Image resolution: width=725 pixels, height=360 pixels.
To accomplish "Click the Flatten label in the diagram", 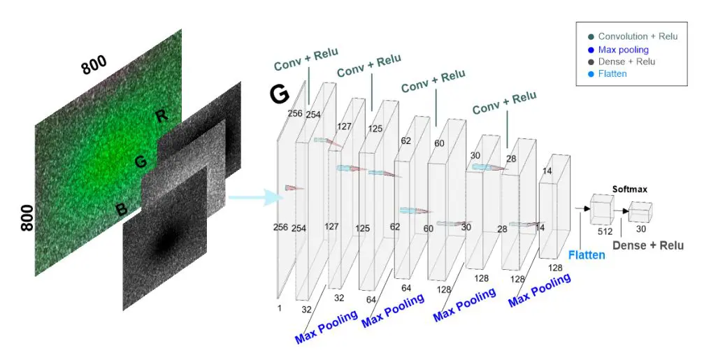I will coord(587,255).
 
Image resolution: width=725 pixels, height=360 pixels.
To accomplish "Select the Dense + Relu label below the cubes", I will coord(648,245).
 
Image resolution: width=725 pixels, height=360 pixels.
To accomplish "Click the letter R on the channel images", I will coord(162,116).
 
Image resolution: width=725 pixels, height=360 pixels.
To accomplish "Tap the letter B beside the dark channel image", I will coord(121,209).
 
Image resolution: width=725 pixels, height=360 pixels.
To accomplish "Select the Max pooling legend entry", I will coord(623,50).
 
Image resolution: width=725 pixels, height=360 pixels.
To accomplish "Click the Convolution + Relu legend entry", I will coord(638,37).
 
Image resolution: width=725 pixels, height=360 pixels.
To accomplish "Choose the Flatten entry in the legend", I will coord(612,73).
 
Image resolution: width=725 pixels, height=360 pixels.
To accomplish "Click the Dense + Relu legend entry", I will coord(626,62).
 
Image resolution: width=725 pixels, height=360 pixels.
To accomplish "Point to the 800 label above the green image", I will coord(94,66).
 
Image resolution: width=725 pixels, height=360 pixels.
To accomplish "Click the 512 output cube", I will coord(601,207).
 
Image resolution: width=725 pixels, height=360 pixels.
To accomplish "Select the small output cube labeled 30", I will coord(640,212).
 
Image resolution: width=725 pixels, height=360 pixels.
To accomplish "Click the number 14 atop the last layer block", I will coord(547,171).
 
